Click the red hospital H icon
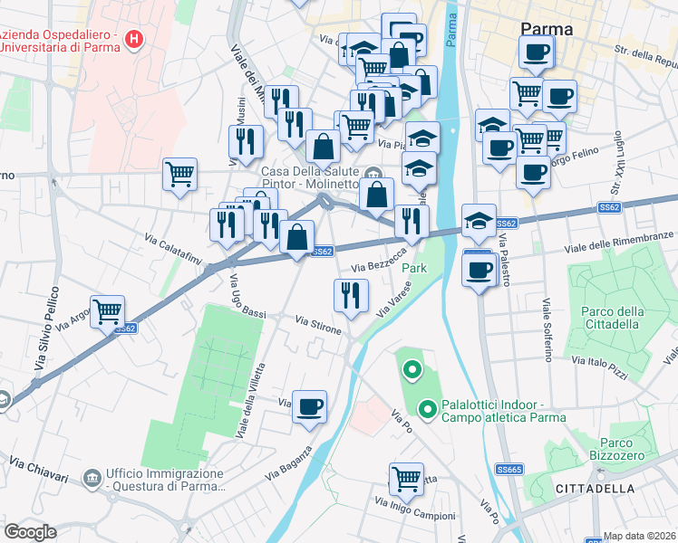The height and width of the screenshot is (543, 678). (x=135, y=39)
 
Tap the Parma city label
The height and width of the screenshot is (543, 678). (x=547, y=29)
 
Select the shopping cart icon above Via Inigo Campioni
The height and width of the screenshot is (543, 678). (x=406, y=479)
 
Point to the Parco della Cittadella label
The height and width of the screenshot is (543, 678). (x=612, y=319)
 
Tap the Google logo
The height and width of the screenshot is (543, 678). (x=31, y=531)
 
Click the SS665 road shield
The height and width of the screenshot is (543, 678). (x=509, y=469)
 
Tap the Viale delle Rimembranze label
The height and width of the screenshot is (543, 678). (x=620, y=241)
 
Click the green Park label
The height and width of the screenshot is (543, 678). (x=413, y=269)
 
